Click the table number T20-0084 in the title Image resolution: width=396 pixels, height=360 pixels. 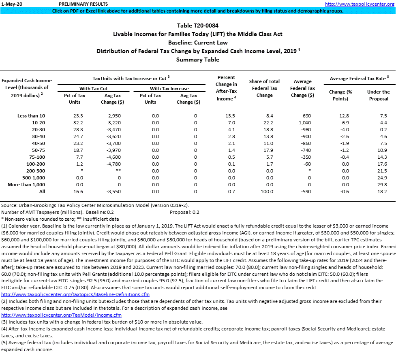pos(198,26)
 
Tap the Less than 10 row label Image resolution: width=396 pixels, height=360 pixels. pos(31,116)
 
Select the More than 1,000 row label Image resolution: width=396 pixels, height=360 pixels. pos(26,185)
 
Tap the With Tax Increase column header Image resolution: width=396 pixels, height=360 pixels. pos(169,88)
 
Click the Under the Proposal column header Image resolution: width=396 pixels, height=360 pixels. pos(378,95)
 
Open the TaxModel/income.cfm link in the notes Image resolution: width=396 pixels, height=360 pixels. pos(62,315)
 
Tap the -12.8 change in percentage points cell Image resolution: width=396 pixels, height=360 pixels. pos(343,116)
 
